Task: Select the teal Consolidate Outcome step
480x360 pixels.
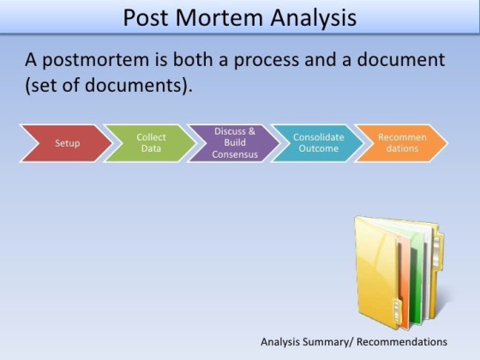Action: [315, 143]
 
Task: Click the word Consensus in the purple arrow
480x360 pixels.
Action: [235, 154]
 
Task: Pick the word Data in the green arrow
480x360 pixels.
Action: [151, 148]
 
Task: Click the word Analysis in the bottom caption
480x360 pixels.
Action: [282, 341]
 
